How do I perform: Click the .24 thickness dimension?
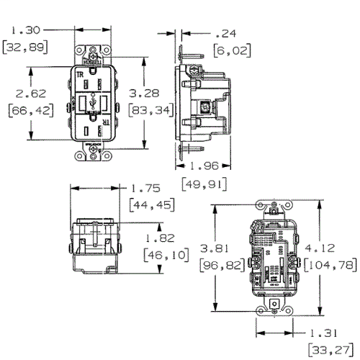point(227,32)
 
